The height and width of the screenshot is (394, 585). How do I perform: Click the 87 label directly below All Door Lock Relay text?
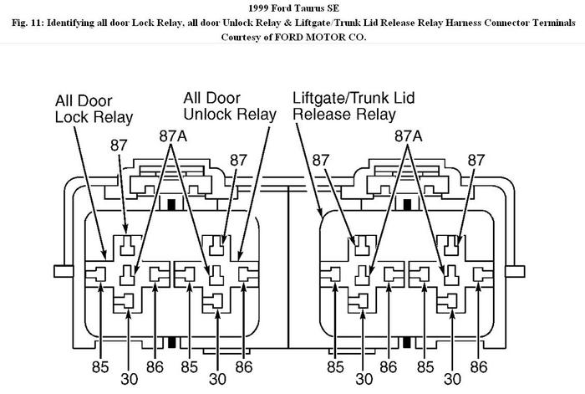click(x=120, y=146)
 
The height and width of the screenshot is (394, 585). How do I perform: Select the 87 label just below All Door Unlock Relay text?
click(x=239, y=159)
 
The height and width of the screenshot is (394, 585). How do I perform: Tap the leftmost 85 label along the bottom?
click(x=100, y=366)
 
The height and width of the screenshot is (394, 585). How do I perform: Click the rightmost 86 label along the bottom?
click(x=479, y=366)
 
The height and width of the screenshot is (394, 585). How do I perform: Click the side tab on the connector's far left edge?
click(x=62, y=271)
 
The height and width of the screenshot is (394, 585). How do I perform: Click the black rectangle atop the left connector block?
click(x=170, y=203)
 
